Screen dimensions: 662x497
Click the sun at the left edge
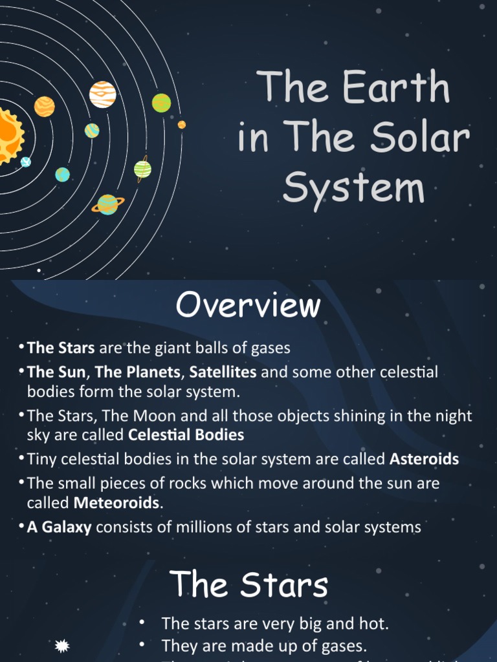(9, 134)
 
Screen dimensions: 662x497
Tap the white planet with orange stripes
(103, 94)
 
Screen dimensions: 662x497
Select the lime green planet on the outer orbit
(161, 103)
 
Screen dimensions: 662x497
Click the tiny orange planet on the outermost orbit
(182, 125)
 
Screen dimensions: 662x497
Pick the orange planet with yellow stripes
(44, 106)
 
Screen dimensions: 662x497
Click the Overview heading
(248, 305)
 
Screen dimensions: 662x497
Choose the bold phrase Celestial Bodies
(186, 434)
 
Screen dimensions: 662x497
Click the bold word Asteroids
(424, 459)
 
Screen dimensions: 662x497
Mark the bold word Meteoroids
(116, 502)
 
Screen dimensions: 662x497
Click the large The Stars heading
(249, 585)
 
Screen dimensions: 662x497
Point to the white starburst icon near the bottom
(63, 645)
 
